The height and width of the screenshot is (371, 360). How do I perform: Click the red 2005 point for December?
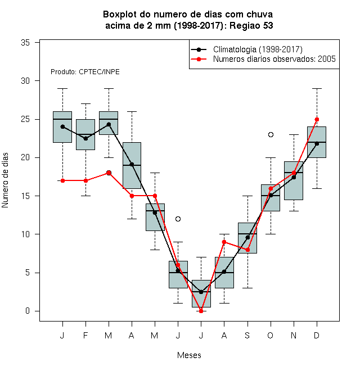coord(317,120)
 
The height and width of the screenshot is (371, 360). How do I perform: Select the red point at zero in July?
coord(201,311)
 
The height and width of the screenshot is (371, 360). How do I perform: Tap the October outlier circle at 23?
coord(271,135)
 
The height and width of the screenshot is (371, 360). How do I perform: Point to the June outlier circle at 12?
coord(178,219)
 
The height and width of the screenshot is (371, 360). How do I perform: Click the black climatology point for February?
coord(85,138)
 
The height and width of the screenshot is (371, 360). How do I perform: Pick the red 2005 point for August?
coord(224,242)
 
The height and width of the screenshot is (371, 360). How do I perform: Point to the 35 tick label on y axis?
coord(25,43)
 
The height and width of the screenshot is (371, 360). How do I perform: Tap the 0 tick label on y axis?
coord(28,311)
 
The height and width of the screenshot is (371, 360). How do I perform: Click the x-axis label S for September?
coord(247,335)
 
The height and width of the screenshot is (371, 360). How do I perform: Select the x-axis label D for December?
coord(317,335)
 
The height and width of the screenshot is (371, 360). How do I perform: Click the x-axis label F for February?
coord(85,335)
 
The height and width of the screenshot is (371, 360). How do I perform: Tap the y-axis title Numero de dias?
coord(5,180)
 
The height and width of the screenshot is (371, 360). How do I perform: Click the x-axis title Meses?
coord(189,355)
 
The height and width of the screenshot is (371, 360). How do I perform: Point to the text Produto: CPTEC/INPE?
coord(85,72)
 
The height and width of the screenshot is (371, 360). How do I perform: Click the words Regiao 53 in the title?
coord(251,25)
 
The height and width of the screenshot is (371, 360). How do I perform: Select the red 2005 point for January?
coord(63,180)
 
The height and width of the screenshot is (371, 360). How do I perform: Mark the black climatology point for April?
coord(132,164)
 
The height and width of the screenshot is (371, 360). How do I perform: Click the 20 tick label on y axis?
coord(25,157)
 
